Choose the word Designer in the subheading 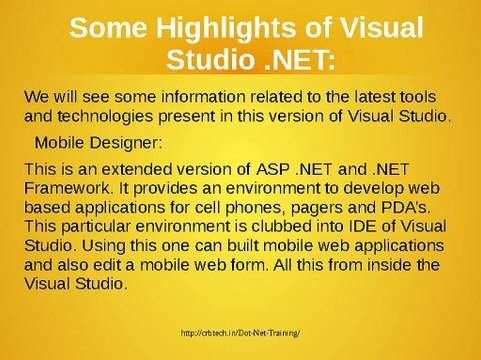coord(125,141)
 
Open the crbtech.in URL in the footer coord(241,332)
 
